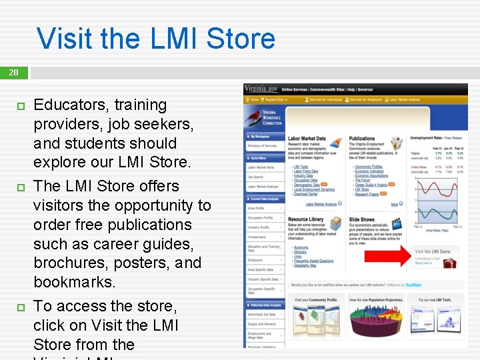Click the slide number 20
click(x=13, y=72)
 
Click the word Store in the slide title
click(x=241, y=38)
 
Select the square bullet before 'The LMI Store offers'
click(x=20, y=187)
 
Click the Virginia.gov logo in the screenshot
click(x=261, y=89)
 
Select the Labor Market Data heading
click(x=307, y=139)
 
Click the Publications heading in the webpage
click(x=362, y=139)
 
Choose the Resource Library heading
click(x=306, y=219)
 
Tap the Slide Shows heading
click(x=362, y=219)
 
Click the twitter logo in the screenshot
click(x=413, y=285)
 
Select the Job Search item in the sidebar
click(x=256, y=177)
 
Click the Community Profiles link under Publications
click(x=369, y=167)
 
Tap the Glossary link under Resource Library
click(x=300, y=252)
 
